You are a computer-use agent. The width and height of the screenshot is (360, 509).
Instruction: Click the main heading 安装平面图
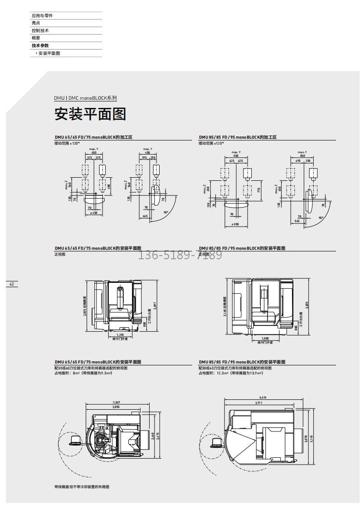[90, 114]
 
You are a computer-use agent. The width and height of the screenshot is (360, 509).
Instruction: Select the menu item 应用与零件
[42, 15]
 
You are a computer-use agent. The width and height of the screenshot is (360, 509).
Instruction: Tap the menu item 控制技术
[40, 30]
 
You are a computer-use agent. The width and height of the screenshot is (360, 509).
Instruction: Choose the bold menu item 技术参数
[40, 45]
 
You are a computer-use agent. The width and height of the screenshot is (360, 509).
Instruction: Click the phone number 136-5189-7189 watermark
[180, 255]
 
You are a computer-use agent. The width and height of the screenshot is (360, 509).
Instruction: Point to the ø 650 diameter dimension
[94, 213]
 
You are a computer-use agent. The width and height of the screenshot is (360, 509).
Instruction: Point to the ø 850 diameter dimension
[236, 224]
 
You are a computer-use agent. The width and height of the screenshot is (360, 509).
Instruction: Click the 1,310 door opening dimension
[120, 334]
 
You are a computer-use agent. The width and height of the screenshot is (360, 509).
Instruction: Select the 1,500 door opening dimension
[265, 338]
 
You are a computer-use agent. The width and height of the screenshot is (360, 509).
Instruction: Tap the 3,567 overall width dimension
[117, 402]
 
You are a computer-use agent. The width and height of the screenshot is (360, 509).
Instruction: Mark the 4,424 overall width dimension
[263, 397]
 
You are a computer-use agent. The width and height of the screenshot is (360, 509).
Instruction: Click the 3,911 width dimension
[258, 402]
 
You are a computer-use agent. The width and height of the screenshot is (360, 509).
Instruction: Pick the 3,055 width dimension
[116, 407]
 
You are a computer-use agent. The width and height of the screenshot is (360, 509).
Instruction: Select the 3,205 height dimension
[307, 305]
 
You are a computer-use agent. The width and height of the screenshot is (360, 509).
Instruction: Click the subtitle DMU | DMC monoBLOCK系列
[85, 98]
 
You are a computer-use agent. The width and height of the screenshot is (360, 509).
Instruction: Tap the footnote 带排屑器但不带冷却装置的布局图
[82, 487]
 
